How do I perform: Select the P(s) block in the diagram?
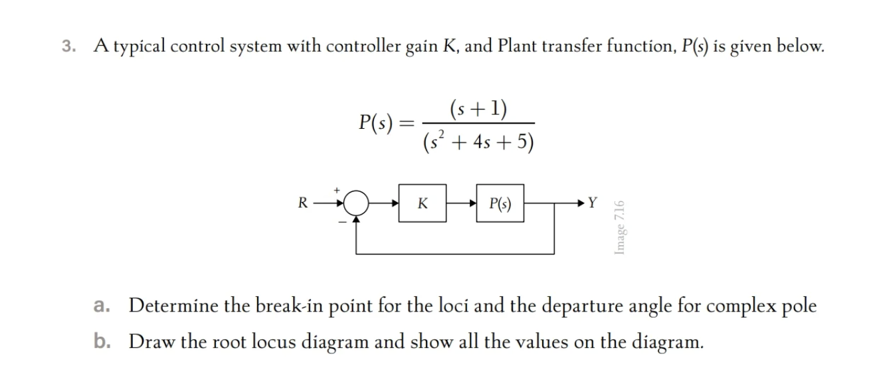pyautogui.click(x=500, y=203)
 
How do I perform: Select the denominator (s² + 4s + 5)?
pyautogui.click(x=478, y=142)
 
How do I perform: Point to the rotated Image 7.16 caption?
pyautogui.click(x=619, y=227)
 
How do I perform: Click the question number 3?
pyautogui.click(x=68, y=47)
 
